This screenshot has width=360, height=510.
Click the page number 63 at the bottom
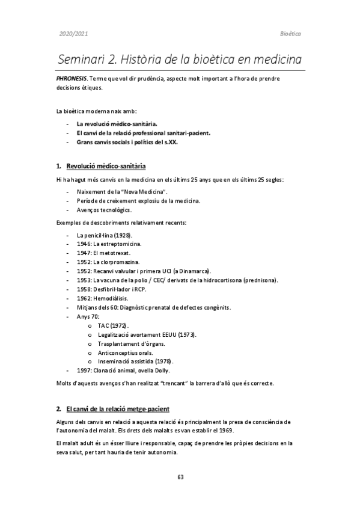pos(180,477)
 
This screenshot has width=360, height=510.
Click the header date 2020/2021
pos(73,34)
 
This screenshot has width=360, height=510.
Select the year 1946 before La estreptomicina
pos(84,244)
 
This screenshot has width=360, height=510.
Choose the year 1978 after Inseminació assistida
pos(162,361)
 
